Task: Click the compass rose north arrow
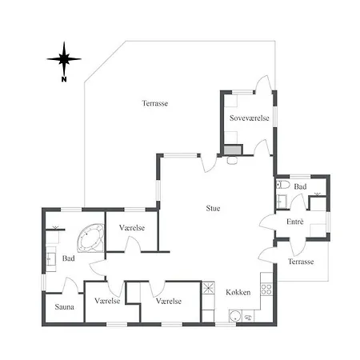click(x=64, y=59)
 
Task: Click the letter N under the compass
click(x=64, y=79)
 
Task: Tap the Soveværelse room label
click(x=250, y=118)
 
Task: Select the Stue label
click(x=213, y=208)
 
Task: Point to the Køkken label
click(x=238, y=292)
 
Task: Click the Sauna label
click(x=64, y=307)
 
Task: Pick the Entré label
click(x=295, y=222)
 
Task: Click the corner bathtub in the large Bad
click(x=90, y=238)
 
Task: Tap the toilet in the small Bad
click(x=283, y=185)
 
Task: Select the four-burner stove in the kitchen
click(x=266, y=290)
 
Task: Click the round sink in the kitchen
click(x=235, y=316)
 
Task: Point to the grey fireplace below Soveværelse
click(x=233, y=150)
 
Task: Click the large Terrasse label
click(x=155, y=103)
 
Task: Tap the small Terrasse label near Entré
click(x=301, y=262)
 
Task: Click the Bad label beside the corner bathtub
click(x=69, y=258)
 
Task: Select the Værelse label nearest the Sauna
click(x=107, y=301)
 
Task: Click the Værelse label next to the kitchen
click(x=169, y=301)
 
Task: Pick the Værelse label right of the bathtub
click(x=132, y=228)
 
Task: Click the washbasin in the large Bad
click(x=50, y=259)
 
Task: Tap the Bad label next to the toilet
click(x=300, y=186)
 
